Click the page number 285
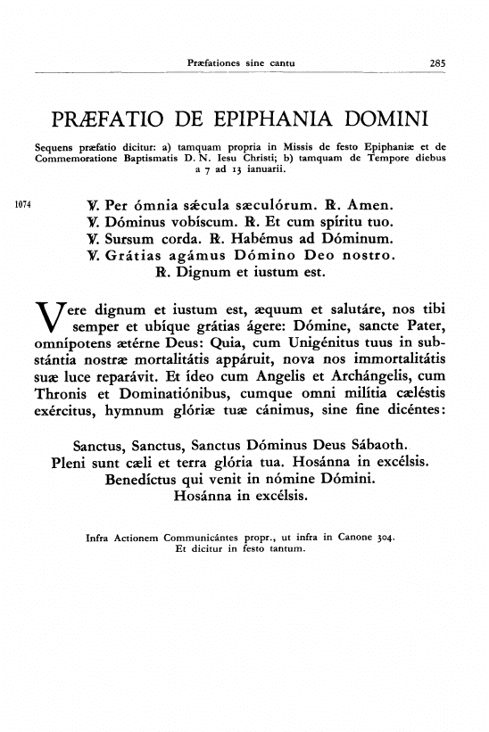click(437, 63)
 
